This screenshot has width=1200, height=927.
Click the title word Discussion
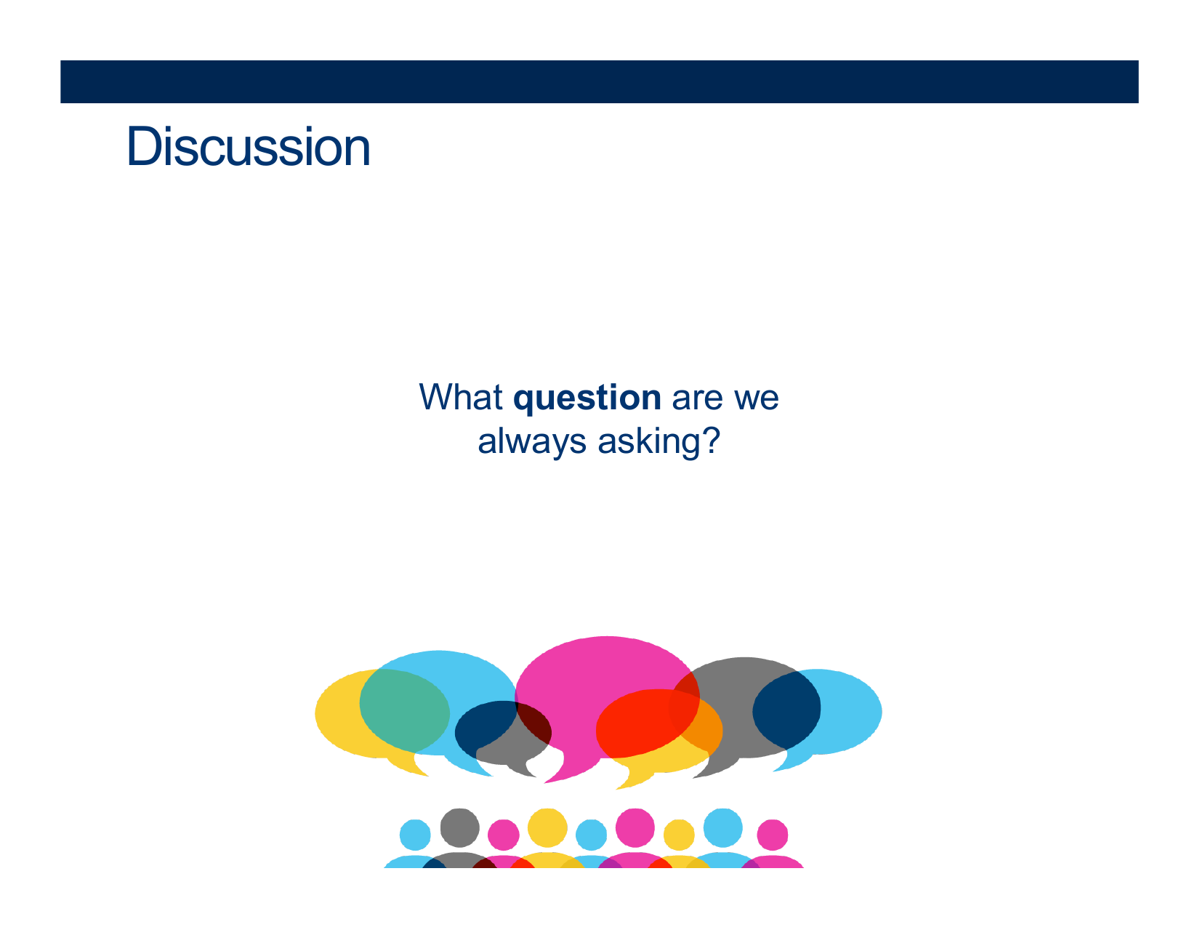[x=248, y=146]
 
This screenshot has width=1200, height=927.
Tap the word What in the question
[x=461, y=397]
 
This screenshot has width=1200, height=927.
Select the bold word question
[x=587, y=399]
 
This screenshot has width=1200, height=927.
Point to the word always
[x=531, y=443]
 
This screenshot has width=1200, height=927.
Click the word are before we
[x=697, y=399]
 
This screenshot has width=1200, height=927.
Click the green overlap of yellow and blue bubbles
[x=404, y=710]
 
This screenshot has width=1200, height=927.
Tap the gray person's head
[x=459, y=827]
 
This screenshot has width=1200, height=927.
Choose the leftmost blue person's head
[x=415, y=834]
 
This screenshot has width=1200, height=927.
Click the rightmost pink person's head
[x=772, y=834]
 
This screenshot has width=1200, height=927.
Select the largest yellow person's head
[x=547, y=827]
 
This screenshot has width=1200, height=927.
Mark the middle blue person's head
[x=591, y=834]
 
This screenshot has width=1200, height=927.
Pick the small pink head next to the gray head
[x=503, y=834]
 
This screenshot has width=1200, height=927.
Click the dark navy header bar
[x=599, y=81]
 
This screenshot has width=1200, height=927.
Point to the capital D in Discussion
[x=144, y=146]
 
